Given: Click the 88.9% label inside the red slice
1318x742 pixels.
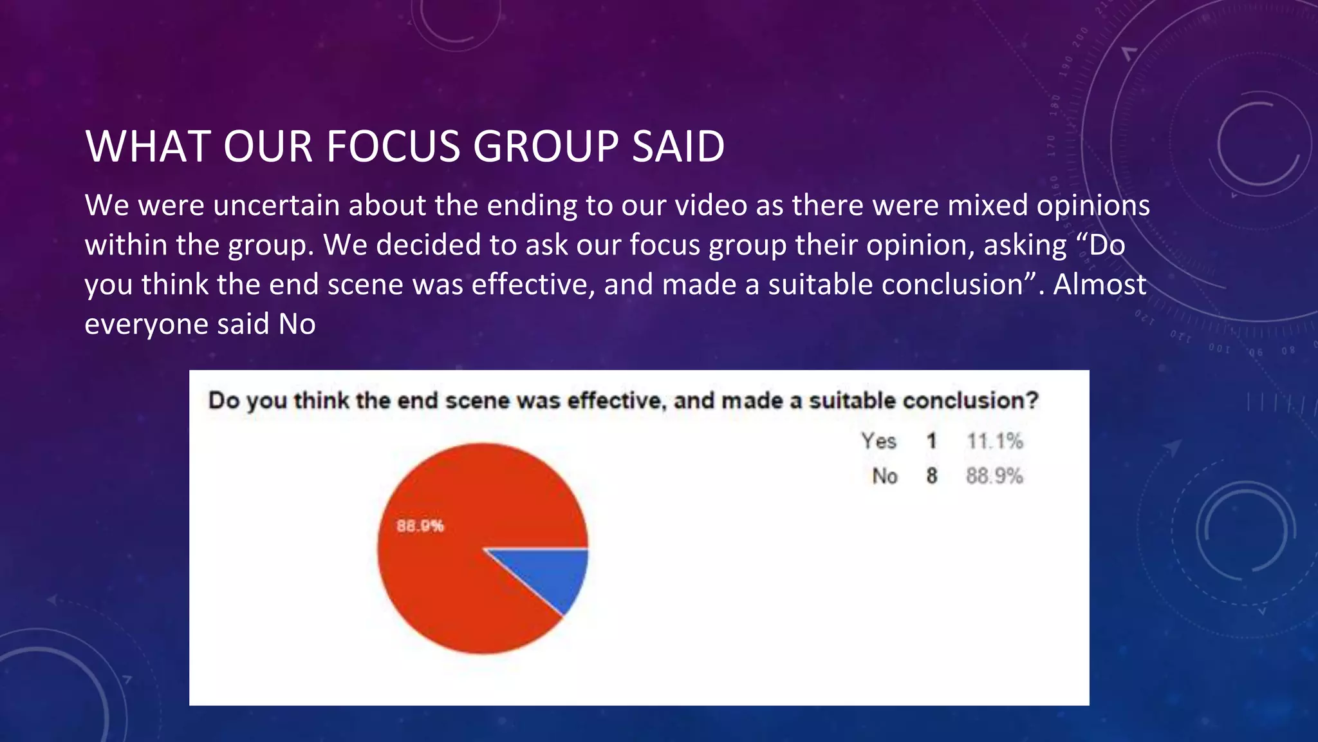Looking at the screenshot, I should point(420,526).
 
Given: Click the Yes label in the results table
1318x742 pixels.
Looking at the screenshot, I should point(878,441).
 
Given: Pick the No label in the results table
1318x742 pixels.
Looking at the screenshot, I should point(885,476).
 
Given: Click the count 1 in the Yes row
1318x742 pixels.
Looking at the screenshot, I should point(931,441).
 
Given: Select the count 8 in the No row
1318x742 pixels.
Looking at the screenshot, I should point(931,476).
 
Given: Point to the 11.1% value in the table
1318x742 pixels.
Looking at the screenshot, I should point(994,441).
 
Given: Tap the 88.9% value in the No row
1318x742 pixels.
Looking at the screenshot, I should point(994,476).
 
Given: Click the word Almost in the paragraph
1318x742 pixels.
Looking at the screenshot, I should point(1099,285).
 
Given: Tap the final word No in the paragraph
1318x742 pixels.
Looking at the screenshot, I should point(297,324).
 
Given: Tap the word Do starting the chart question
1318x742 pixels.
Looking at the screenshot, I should point(224,401).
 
